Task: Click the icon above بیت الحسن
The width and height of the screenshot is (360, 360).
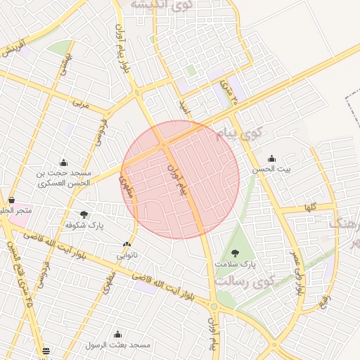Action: coord(272,158)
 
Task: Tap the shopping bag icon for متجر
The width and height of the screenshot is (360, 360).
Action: coord(11,200)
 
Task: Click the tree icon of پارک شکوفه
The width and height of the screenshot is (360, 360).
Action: coord(84,214)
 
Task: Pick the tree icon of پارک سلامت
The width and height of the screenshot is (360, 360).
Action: coord(234,252)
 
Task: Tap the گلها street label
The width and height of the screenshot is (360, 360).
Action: coord(309,207)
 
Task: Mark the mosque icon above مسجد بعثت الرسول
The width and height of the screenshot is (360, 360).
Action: coord(117,334)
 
